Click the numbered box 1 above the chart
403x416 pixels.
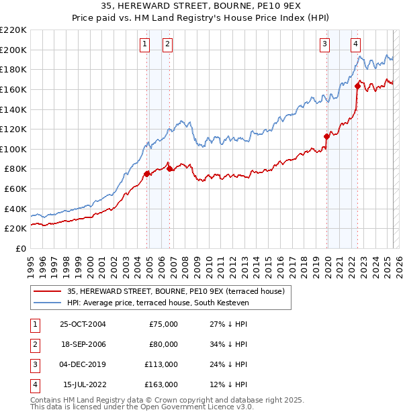point(144,45)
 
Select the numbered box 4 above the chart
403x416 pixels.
point(355,45)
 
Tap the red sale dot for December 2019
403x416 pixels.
point(326,136)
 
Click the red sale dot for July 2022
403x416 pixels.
point(357,86)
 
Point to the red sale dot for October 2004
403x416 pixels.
point(146,174)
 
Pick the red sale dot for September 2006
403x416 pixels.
point(169,168)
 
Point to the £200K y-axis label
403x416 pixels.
point(13,50)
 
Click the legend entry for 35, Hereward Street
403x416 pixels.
point(176,291)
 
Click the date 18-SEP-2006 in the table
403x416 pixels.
point(83,345)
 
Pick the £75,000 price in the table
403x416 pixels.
point(163,324)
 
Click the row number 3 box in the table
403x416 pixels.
point(34,366)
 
